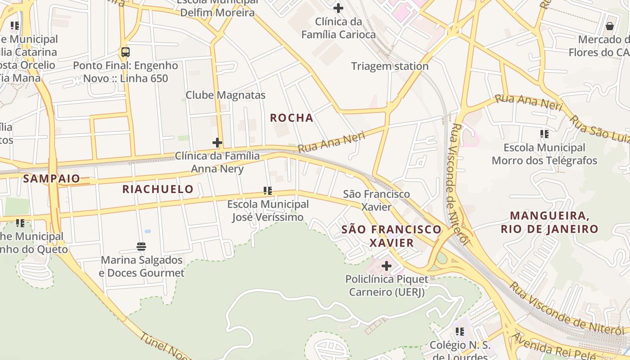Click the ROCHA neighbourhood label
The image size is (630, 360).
(x=291, y=118)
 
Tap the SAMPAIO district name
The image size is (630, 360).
(x=51, y=179)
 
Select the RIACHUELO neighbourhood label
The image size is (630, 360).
(x=158, y=189)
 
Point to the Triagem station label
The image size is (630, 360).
(x=390, y=66)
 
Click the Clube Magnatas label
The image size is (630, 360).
(x=225, y=95)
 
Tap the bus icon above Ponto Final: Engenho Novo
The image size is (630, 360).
(x=126, y=52)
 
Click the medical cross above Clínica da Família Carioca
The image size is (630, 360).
(x=338, y=8)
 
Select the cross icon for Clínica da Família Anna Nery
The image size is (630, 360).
(x=217, y=143)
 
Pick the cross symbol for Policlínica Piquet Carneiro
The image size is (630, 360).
(x=387, y=266)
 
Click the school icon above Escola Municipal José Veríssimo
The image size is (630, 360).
(x=268, y=191)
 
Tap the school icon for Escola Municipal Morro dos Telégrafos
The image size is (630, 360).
(x=544, y=134)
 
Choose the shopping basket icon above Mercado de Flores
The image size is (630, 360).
(x=610, y=26)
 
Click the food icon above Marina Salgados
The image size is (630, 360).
(x=141, y=247)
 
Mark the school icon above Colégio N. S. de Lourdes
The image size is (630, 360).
(x=460, y=332)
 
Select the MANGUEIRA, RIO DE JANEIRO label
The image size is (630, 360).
(x=549, y=222)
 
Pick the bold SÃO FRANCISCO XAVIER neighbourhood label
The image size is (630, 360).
(x=391, y=236)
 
